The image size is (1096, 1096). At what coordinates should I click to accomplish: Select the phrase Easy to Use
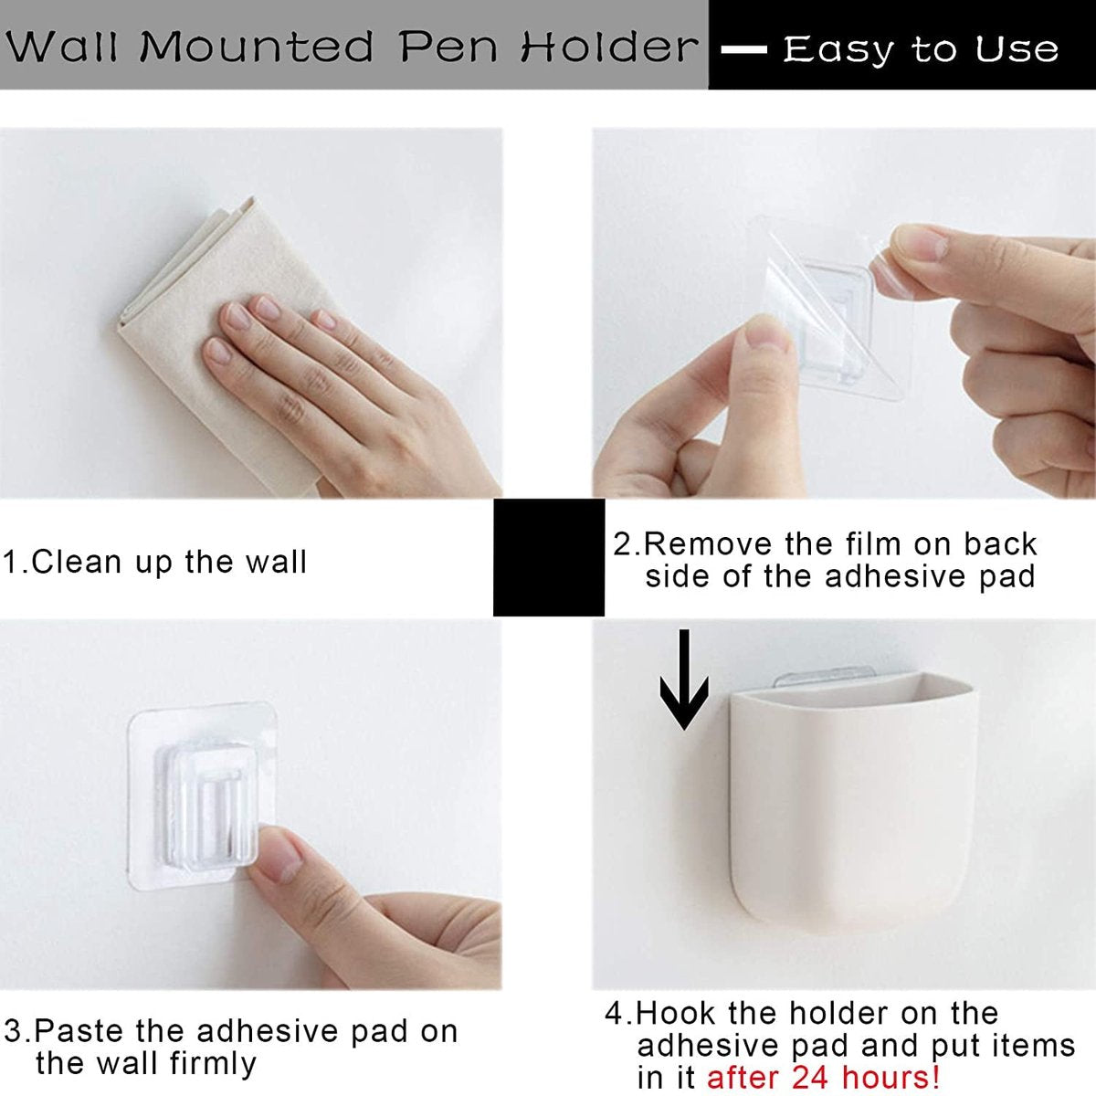(x=921, y=48)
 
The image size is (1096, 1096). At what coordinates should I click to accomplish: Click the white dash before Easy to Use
(x=743, y=50)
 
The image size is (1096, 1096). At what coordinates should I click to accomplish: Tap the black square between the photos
(x=549, y=557)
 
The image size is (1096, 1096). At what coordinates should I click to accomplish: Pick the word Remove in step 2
(x=709, y=544)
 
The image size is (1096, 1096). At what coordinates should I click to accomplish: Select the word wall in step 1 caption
(x=276, y=562)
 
